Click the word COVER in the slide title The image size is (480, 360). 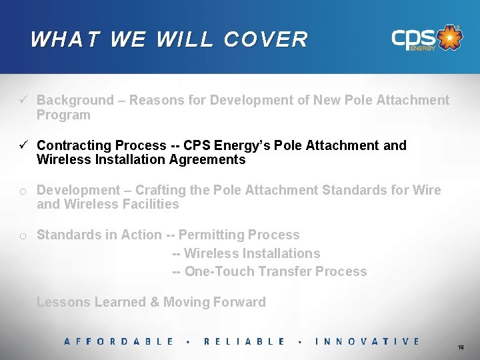(266, 39)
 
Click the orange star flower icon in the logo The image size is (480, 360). (451, 38)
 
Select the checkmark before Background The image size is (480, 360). (23, 100)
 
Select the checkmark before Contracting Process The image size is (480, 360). (23, 145)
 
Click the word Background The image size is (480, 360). (75, 100)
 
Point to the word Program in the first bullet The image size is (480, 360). (63, 115)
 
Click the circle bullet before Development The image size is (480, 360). (23, 191)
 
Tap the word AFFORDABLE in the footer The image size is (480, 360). (119, 341)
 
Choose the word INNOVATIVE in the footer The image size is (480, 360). (367, 341)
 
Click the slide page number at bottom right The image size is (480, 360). (461, 348)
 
